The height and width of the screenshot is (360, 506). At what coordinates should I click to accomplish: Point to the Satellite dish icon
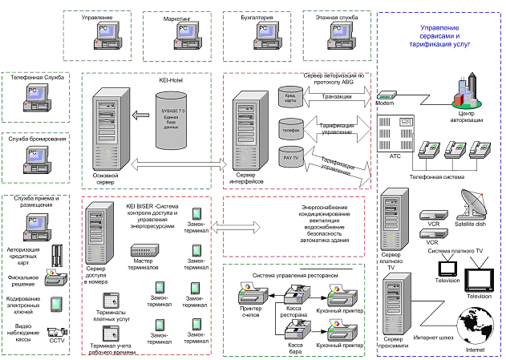click(468, 205)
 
